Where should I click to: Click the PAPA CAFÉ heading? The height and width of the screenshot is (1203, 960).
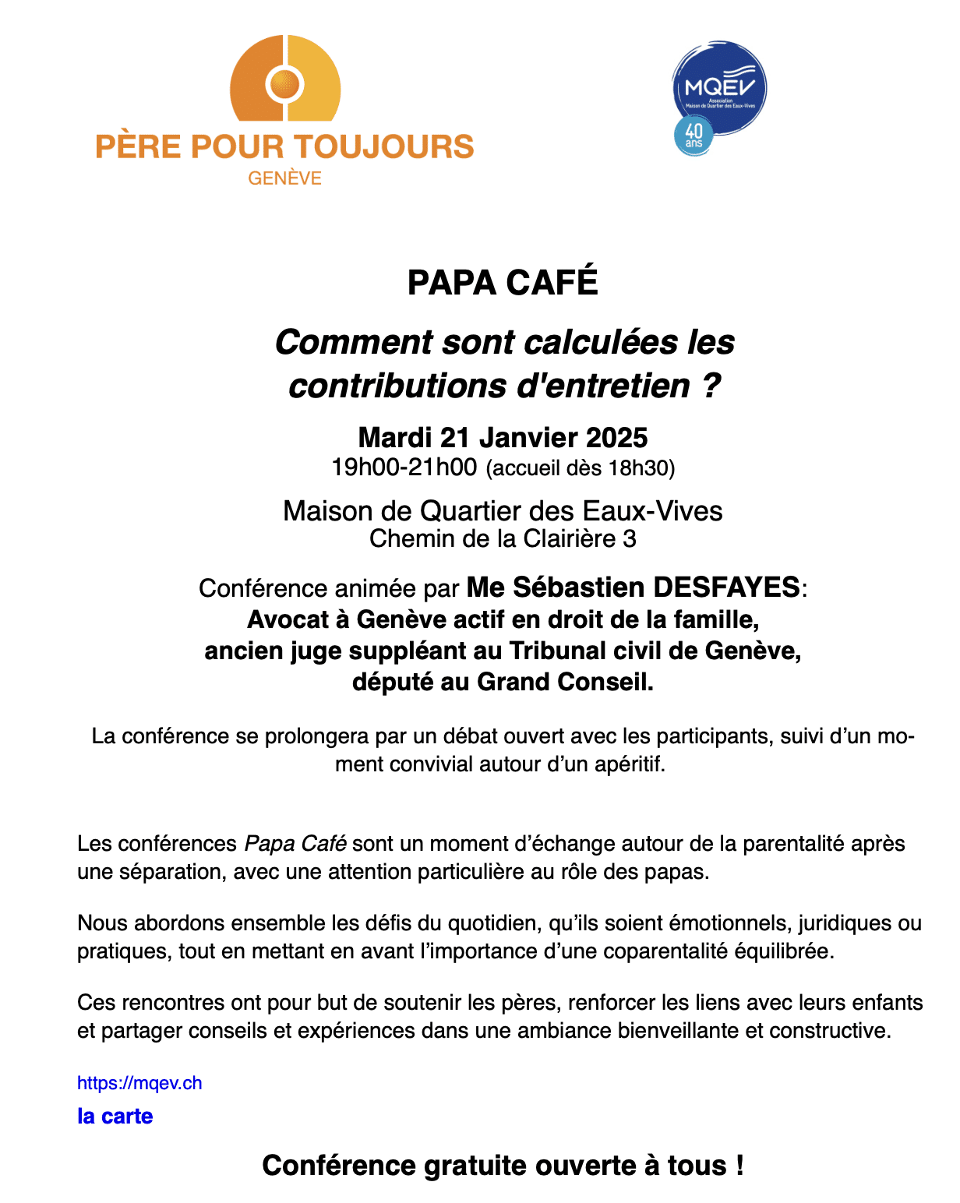503,282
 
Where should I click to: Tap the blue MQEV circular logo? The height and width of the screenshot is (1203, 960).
720,87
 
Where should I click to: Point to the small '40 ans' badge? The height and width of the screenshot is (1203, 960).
694,136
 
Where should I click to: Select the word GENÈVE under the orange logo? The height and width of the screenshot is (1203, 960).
284,178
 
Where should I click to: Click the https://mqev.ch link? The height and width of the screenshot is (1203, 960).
139,1083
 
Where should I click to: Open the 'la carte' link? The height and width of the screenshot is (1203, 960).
115,1117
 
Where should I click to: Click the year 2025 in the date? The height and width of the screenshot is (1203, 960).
616,438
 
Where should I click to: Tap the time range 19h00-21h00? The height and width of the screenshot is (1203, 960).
404,467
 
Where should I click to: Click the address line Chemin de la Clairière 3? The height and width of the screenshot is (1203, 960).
503,538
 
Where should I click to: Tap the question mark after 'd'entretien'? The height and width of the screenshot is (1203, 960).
710,386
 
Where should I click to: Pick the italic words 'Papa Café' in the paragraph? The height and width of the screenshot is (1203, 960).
295,844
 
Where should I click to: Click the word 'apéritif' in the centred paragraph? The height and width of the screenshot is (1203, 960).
630,764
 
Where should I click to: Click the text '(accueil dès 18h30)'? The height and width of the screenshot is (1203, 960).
581,468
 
